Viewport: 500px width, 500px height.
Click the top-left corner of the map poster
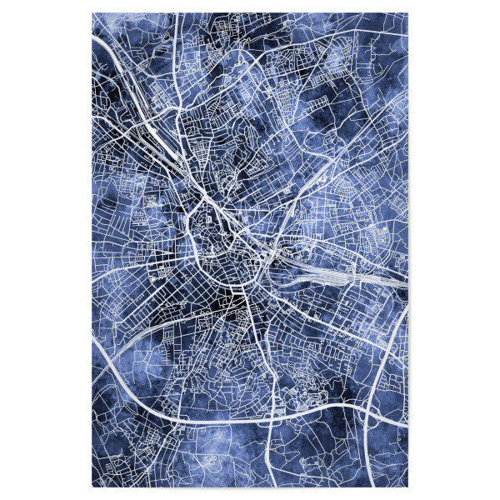point(92,13)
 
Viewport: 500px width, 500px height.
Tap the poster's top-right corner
point(408,13)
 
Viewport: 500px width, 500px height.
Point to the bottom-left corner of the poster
point(92,487)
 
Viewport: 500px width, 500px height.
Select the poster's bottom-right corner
point(408,487)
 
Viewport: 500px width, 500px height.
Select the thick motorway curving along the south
point(250,412)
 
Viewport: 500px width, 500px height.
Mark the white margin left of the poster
point(46,250)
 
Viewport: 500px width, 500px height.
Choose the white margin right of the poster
point(454,250)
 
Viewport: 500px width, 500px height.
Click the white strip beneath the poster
point(250,493)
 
